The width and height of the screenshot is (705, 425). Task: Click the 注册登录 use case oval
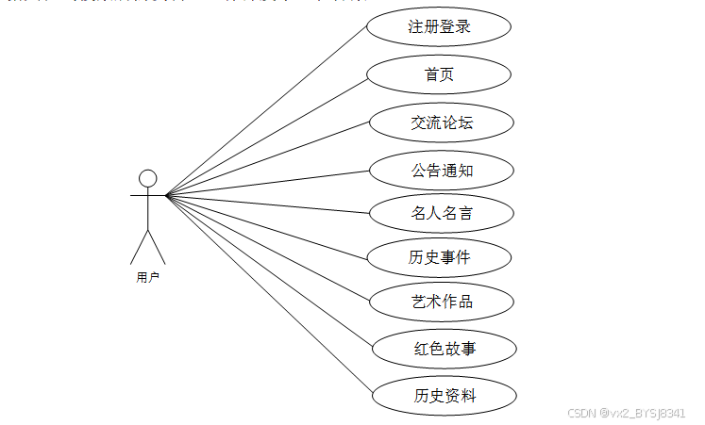pos(439,27)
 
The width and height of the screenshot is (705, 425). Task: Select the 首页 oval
pos(439,74)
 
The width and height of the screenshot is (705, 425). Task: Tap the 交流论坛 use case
pos(441,123)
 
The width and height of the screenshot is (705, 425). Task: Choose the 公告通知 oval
pos(441,171)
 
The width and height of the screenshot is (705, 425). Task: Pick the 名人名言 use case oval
pos(441,213)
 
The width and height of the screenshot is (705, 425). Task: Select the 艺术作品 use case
pos(441,302)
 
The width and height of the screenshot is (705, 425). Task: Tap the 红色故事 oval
pos(444,349)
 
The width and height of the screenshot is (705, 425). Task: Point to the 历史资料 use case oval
pos(444,395)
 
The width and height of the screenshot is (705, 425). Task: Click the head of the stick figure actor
pos(147,178)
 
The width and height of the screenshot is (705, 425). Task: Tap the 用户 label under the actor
pos(147,278)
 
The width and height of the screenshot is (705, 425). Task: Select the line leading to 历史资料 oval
pos(270,295)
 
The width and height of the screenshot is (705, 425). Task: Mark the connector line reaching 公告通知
pos(266,184)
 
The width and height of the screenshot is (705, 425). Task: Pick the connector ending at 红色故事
pos(270,271)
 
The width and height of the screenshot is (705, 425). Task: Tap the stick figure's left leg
pos(139,247)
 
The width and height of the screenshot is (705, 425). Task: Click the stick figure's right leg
pos(157,247)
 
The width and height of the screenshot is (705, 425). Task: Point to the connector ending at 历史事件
pos(266,226)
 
